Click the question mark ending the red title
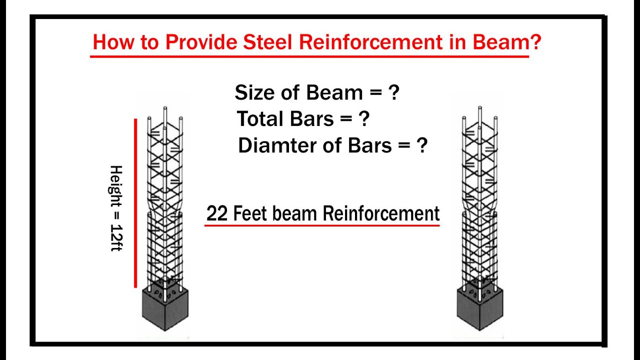(x=535, y=42)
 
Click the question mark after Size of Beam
(x=394, y=93)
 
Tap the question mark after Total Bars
(x=364, y=119)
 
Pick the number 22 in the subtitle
(x=217, y=214)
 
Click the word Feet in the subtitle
(x=249, y=214)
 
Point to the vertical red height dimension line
(x=135, y=203)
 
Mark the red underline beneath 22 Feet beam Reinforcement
(x=322, y=225)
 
